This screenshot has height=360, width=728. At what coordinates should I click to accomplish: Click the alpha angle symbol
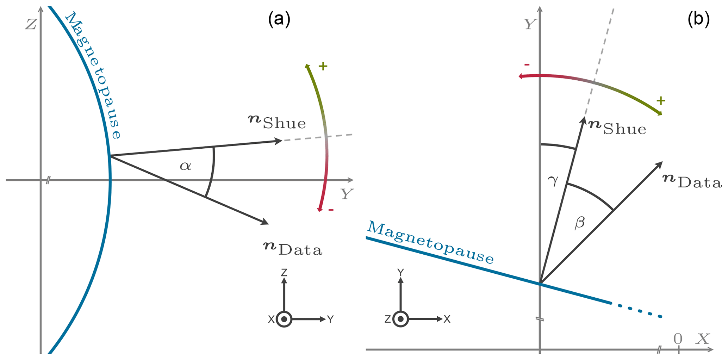pos(185,166)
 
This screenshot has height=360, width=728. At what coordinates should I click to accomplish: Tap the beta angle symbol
pos(579,223)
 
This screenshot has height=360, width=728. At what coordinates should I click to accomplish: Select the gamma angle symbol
pos(553,180)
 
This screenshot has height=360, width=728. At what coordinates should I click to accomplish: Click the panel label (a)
pos(279,19)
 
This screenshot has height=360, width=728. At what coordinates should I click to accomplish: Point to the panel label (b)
pos(698,19)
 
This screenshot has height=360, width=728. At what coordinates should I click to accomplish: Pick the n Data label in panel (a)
pos(293,248)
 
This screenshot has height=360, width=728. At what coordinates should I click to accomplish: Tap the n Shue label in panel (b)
pos(617,128)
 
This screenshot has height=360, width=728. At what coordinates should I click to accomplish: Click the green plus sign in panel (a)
pos(323,66)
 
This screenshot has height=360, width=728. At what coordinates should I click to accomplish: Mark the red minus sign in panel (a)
pos(331,210)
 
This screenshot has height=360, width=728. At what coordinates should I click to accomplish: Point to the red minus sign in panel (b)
pos(527,65)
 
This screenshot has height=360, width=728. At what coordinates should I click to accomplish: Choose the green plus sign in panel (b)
pos(661,101)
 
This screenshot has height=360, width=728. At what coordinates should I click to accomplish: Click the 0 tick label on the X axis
pos(678,339)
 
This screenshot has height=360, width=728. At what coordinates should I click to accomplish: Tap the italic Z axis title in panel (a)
pos(31,24)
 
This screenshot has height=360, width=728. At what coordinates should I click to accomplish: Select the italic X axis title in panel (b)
pos(703,339)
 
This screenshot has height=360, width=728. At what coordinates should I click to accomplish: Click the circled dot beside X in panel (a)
pos(284,319)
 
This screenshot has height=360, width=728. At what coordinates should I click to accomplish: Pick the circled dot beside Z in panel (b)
pos(400,319)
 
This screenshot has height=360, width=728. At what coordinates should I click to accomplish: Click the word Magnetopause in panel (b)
pos(430,242)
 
